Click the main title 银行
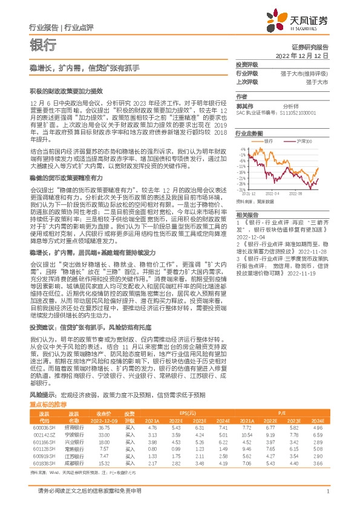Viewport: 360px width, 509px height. [43, 45]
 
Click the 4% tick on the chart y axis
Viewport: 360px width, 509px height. [242, 148]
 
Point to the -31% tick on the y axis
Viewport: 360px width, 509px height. [241, 189]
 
